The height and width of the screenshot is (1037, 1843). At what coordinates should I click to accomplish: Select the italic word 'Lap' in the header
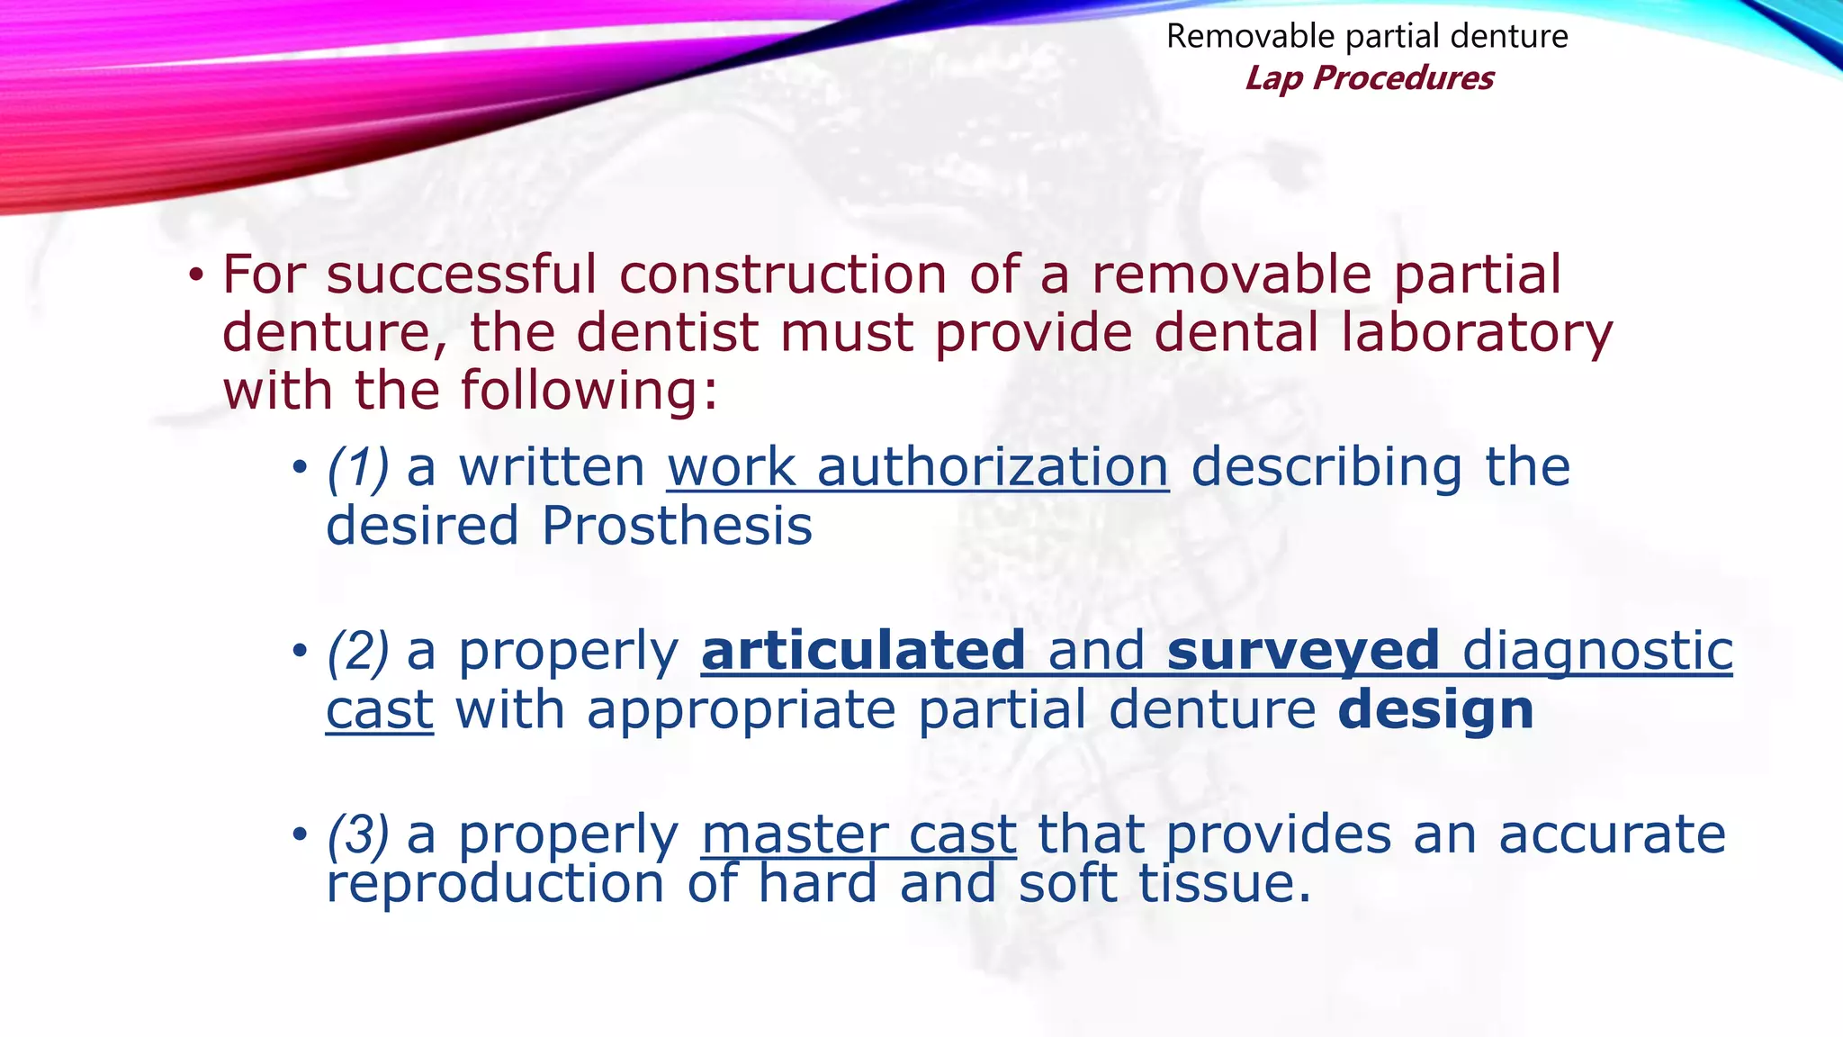coord(1273,79)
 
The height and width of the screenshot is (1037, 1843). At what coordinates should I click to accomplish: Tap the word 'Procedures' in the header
coord(1403,79)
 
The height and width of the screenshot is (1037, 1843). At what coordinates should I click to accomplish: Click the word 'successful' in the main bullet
coord(461,275)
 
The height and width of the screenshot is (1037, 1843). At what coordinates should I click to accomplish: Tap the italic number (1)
coord(357,468)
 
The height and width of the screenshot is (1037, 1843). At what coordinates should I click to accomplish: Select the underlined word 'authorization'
coord(993,468)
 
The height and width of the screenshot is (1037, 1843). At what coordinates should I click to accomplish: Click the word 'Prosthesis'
coord(677,526)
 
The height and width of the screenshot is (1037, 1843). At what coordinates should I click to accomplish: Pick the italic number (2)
coord(357,652)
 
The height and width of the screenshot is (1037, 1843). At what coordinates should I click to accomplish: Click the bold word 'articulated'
coord(863,651)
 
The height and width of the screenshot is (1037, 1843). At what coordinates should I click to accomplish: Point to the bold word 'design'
coord(1435,710)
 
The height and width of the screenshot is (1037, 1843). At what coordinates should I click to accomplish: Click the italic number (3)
coord(357,834)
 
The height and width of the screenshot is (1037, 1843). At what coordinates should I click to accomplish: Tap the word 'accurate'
coord(1612,834)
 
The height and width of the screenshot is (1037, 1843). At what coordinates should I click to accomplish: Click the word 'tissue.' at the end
coord(1225,883)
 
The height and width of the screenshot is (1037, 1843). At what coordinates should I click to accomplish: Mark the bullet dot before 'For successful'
coord(196,275)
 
